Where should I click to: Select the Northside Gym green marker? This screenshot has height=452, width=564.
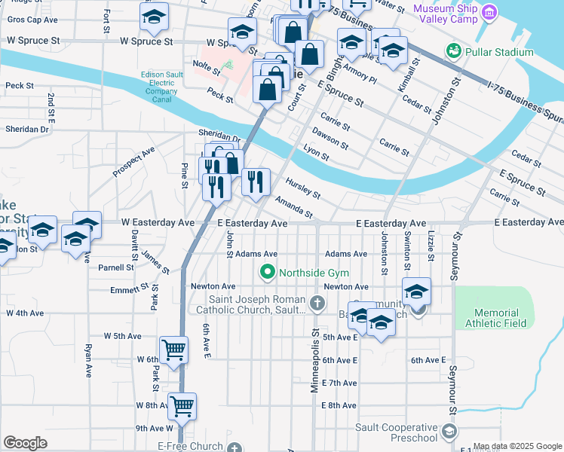[267, 273]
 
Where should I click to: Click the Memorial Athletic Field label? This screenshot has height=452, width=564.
[496, 319]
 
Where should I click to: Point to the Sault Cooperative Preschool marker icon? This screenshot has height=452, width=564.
[449, 432]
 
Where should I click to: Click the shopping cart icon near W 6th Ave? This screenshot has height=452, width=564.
[173, 350]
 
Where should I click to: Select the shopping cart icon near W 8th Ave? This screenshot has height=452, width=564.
[182, 406]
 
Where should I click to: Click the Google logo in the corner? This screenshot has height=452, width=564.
[25, 443]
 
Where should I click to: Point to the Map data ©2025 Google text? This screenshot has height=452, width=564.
[517, 446]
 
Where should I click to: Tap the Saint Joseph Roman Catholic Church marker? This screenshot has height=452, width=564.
[317, 304]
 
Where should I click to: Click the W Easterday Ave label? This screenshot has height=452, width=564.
[159, 223]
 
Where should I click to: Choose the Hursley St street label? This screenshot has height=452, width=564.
[303, 188]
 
